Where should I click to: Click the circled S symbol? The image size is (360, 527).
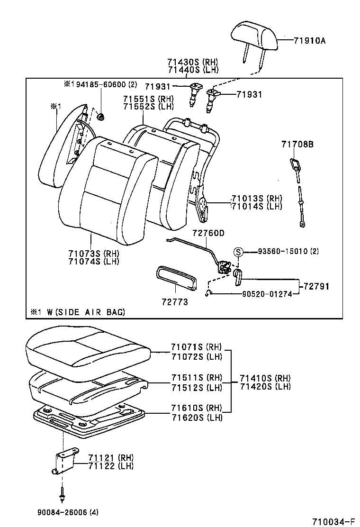pyautogui.click(x=239, y=252)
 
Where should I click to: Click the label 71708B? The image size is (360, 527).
pyautogui.click(x=297, y=145)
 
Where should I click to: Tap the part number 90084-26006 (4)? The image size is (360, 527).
pyautogui.click(x=69, y=512)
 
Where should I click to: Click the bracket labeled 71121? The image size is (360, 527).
pyautogui.click(x=63, y=462)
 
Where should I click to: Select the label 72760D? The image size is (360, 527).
pyautogui.click(x=208, y=233)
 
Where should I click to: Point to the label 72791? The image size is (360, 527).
pyautogui.click(x=316, y=286)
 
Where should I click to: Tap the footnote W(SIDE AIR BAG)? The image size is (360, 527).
pyautogui.click(x=77, y=311)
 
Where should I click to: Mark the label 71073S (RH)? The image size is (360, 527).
pyautogui.click(x=93, y=253)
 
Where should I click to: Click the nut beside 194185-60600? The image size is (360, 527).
pyautogui.click(x=100, y=117)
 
